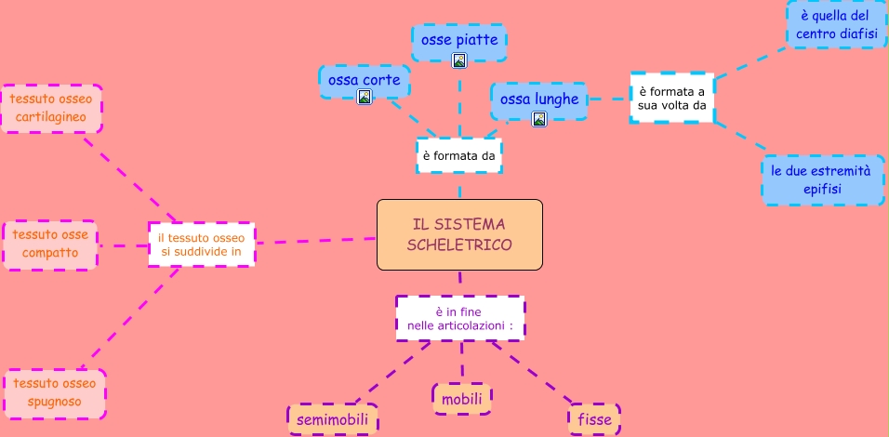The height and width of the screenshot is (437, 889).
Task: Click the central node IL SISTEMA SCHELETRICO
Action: point(459,234)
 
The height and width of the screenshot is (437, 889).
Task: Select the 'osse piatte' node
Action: point(459,40)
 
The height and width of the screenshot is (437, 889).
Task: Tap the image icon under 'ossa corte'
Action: point(365,97)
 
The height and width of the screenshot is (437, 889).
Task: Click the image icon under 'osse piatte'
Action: point(458,60)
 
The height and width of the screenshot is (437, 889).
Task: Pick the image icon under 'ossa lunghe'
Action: point(538,118)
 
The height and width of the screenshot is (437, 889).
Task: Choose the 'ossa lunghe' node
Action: point(539,99)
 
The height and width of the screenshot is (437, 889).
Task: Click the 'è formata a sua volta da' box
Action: point(671,98)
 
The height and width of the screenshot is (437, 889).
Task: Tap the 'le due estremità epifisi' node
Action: point(822,180)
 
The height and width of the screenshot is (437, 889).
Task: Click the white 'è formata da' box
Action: point(458,156)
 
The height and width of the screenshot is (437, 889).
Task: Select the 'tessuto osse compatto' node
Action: point(50,245)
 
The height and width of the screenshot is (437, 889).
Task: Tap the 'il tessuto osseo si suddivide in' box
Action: point(201,245)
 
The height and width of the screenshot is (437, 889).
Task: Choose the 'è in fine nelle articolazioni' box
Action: point(459,318)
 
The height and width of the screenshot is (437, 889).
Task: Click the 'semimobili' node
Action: point(332,420)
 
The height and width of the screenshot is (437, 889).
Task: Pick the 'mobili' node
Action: point(461,399)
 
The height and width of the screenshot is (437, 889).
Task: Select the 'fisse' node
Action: point(594,419)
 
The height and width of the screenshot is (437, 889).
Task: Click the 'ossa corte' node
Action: point(365,81)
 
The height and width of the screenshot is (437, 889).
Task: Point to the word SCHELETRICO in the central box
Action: point(459,245)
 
